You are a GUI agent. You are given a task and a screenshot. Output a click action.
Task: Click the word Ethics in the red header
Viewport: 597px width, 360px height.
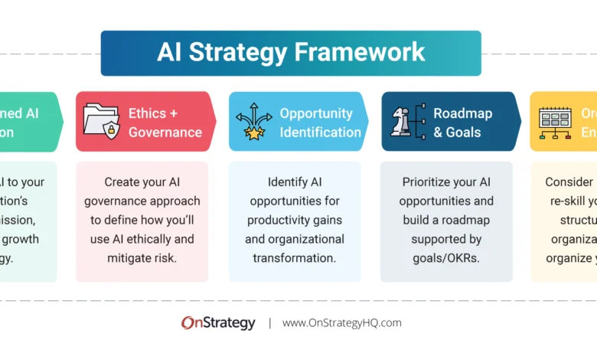pyautogui.click(x=148, y=113)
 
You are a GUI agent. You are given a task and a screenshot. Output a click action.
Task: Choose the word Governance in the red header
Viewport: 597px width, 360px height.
pyautogui.click(x=165, y=132)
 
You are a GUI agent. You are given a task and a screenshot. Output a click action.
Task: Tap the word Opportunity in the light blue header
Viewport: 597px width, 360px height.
pyautogui.click(x=316, y=113)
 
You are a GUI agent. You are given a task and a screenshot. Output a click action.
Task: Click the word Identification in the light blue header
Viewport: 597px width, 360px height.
pyautogui.click(x=320, y=132)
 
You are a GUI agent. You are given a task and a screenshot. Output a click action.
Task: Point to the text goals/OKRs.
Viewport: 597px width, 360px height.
pyautogui.click(x=447, y=257)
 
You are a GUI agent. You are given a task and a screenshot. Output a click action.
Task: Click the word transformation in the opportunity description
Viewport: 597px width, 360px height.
pyautogui.click(x=295, y=257)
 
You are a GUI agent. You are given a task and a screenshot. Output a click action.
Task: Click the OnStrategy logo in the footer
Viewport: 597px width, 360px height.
pyautogui.click(x=218, y=323)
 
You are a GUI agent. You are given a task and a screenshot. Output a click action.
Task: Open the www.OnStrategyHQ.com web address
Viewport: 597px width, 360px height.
pyautogui.click(x=341, y=323)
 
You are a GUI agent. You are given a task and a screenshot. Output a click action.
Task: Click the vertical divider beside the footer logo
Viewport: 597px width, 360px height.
pyautogui.click(x=269, y=323)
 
